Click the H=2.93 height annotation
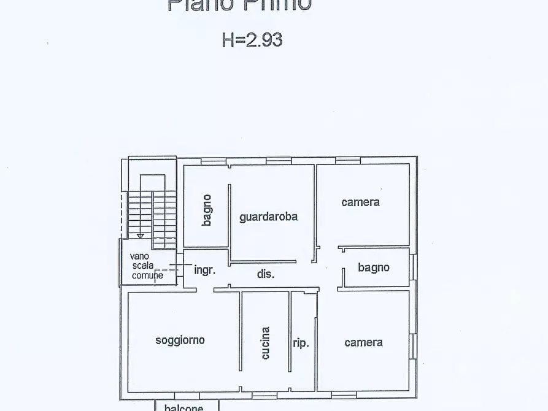coord(252,40)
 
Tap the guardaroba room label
coord(268,217)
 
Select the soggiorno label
coord(180,340)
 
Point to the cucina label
coord(265,343)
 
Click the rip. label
coord(301,343)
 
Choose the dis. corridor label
coord(266,274)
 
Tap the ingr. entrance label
coord(204,270)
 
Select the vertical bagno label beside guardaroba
coord(207,210)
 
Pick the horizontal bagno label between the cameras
coord(374,267)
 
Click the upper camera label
coord(361,202)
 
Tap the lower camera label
coord(364,342)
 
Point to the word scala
coord(143,266)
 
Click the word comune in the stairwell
coord(148,275)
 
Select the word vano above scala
coord(139,256)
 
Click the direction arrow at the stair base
coord(141,235)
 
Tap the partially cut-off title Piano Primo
coord(239,5)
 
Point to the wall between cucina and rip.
coord(290,331)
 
